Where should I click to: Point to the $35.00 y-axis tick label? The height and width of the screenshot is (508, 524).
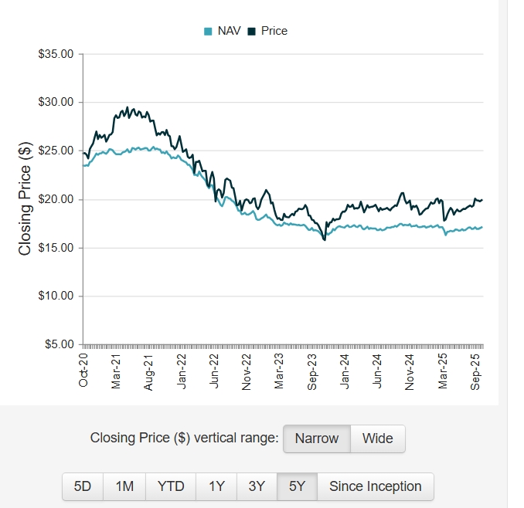[x=56, y=55]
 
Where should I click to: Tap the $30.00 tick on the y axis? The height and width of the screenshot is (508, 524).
[x=56, y=103]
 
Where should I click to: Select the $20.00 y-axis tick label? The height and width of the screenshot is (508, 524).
[x=56, y=199]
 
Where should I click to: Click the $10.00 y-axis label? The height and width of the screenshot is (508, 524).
[x=56, y=296]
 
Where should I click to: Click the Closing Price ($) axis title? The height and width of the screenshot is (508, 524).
[x=25, y=199]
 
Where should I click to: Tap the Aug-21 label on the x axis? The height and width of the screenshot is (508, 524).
[x=148, y=369]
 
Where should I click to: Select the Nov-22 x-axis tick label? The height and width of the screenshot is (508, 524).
[x=247, y=369]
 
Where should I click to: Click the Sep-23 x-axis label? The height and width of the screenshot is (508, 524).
[x=312, y=369]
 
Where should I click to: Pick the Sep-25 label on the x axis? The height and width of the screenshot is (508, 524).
[x=476, y=369]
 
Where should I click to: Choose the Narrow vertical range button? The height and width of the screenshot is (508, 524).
[x=317, y=439]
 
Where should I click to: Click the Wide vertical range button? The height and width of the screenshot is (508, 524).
[x=378, y=439]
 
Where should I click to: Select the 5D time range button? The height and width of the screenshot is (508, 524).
[x=83, y=486]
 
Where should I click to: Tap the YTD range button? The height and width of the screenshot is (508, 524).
[x=171, y=486]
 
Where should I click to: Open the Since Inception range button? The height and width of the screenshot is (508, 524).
[x=376, y=486]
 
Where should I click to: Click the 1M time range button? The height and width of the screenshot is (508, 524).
[x=124, y=486]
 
